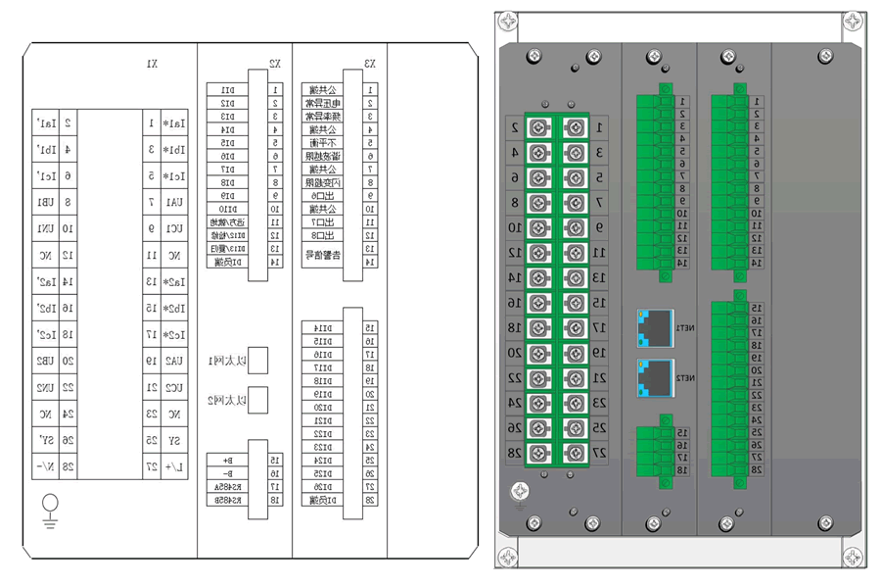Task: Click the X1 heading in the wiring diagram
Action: [152, 64]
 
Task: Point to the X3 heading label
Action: [370, 64]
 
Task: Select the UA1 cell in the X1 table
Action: [174, 203]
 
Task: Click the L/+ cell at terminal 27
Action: [174, 466]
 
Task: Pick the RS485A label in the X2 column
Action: [227, 486]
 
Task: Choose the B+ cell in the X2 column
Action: [227, 460]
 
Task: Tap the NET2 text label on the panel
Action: [687, 377]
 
